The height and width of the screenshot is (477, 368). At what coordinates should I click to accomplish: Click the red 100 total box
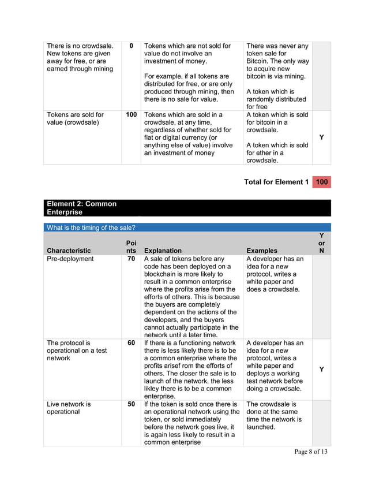[322, 182]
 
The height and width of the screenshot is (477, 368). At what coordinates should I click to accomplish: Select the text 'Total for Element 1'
[276, 182]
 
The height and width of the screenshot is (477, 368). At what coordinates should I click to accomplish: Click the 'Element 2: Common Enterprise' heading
[81, 208]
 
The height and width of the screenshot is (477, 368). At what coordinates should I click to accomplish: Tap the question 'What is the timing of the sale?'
[91, 228]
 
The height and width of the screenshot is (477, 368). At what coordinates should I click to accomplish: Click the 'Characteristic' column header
[69, 251]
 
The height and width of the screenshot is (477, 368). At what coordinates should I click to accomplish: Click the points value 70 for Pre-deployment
[132, 259]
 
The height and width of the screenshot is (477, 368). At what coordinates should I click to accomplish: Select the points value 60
[132, 343]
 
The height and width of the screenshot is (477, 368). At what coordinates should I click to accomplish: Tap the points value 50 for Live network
[132, 404]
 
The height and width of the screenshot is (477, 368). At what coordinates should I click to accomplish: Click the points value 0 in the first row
[132, 46]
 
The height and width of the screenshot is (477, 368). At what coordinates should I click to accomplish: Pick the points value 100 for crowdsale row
[132, 115]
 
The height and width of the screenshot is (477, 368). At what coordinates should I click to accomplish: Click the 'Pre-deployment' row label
[70, 259]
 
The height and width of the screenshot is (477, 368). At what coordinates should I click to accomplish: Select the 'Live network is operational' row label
[69, 408]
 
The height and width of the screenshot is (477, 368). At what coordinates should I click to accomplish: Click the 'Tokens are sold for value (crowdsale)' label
[76, 118]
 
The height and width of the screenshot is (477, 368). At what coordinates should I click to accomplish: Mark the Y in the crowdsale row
[321, 137]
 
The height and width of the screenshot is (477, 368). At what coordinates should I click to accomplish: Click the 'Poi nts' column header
[132, 247]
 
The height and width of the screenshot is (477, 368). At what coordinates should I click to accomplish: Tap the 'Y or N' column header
[321, 243]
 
